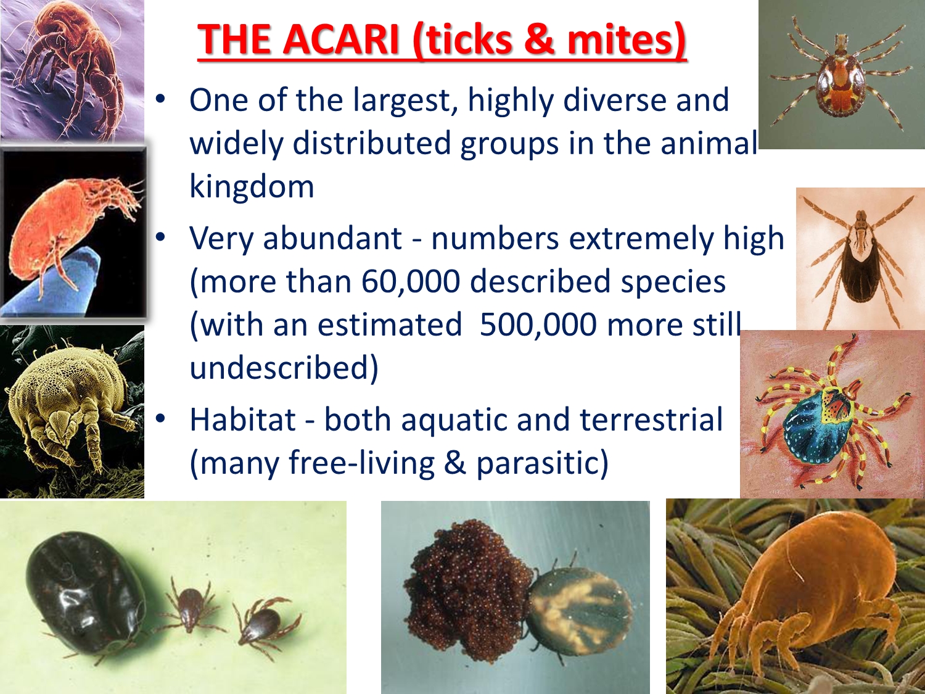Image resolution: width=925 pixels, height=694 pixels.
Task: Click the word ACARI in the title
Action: point(341,39)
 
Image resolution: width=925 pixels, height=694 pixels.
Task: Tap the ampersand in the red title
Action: point(539,39)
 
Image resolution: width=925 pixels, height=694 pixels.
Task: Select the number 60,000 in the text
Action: point(411,281)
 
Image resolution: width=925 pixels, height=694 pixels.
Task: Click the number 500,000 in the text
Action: point(538,325)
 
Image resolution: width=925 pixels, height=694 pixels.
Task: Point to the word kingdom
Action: point(252,186)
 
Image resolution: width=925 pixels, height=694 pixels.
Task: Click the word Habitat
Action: point(243,419)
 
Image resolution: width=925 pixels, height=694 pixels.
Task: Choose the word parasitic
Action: point(542,464)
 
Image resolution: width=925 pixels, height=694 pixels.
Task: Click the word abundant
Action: point(332,239)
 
